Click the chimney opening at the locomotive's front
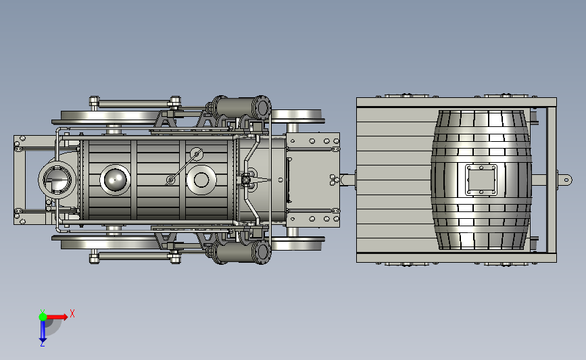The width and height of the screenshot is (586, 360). click(x=57, y=180)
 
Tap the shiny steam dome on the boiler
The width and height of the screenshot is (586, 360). click(x=115, y=180)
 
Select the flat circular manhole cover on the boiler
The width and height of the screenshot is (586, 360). click(x=201, y=180)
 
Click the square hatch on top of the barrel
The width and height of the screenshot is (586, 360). click(x=481, y=180)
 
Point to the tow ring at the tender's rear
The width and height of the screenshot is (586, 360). click(x=565, y=180)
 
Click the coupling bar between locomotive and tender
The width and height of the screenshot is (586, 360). click(x=347, y=180)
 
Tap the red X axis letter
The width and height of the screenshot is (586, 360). click(x=72, y=313)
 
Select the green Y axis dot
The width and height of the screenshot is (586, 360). click(x=43, y=317)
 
